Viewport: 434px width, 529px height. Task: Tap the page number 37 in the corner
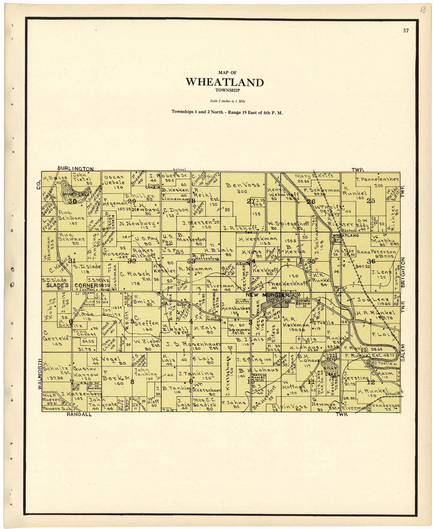(406, 30)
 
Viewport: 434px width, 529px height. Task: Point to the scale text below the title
(227, 101)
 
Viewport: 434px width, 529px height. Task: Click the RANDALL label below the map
(79, 414)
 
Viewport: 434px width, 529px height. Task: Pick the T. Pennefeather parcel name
(377, 179)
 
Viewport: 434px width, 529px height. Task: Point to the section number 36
(371, 261)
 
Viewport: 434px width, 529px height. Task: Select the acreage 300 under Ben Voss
(242, 192)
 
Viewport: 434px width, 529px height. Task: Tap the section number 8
(132, 382)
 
